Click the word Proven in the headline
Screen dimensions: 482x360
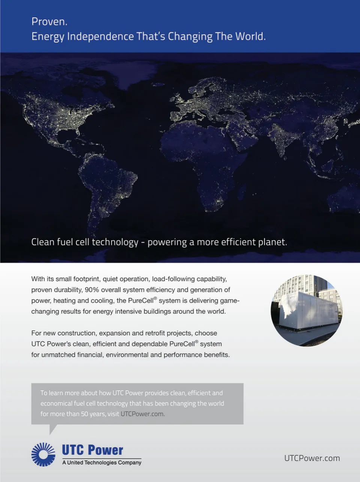pyautogui.click(x=48, y=22)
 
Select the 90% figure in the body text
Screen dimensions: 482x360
pyautogui.click(x=91, y=290)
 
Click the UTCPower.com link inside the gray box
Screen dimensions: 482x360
pyautogui.click(x=142, y=414)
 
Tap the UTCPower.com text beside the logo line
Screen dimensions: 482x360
pyautogui.click(x=312, y=458)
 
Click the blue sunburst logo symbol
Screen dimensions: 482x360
pyautogui.click(x=43, y=454)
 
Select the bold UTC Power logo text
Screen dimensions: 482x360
pyautogui.click(x=92, y=450)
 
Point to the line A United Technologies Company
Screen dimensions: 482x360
pyautogui.click(x=102, y=462)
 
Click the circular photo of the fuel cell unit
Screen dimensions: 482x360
pyautogui.click(x=306, y=310)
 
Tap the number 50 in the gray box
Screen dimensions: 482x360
pyautogui.click(x=84, y=414)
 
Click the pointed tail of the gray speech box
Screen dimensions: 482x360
pyautogui.click(x=53, y=429)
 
